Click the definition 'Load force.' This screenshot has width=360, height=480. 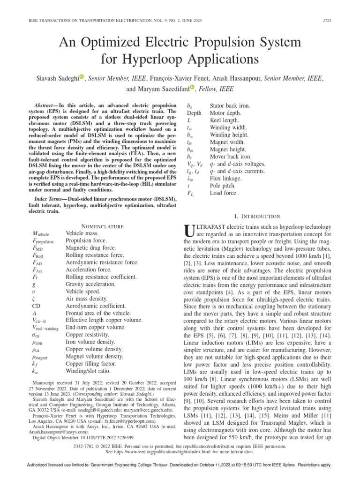click(x=224, y=193)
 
